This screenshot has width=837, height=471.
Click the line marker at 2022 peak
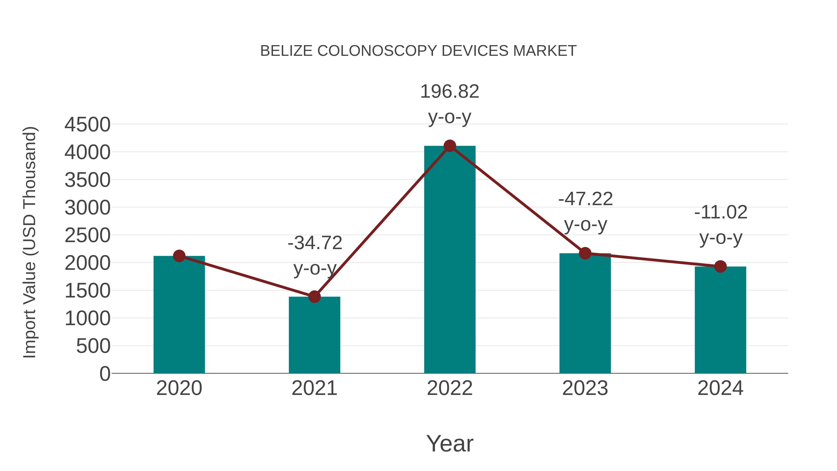pos(450,146)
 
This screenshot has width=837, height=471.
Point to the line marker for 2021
pos(314,297)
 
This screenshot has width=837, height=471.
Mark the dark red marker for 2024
pos(720,267)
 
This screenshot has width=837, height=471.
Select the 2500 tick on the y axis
pos(87,235)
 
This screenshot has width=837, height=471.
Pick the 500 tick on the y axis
pos(93,346)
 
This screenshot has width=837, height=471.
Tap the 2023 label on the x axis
pos(585,388)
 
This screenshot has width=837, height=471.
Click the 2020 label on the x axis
pos(179,388)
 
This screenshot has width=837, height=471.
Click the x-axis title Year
pos(450,443)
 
